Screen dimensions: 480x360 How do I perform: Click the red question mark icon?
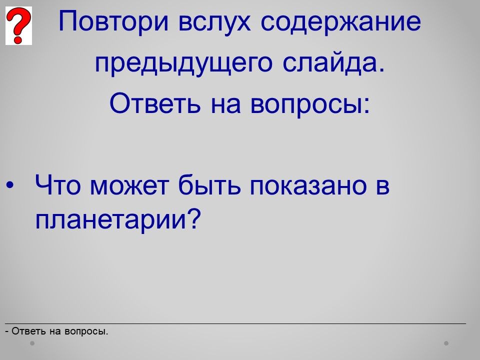[18, 25]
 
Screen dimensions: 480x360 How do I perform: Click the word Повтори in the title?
[113, 21]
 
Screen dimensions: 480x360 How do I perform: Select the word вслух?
[214, 22]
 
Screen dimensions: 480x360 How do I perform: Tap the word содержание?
[340, 22]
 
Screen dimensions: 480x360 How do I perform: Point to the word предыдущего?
[183, 63]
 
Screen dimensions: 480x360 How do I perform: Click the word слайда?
[333, 63]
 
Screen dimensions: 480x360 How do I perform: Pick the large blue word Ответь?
[155, 103]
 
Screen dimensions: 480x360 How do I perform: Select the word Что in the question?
[58, 185]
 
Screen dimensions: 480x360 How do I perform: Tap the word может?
[129, 186]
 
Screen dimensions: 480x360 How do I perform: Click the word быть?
[209, 185]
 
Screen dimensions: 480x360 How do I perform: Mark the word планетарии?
[111, 220]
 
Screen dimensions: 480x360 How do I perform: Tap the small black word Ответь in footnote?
[29, 331]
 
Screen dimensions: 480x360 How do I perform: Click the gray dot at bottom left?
[32, 343]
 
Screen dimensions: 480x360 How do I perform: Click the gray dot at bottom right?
[446, 343]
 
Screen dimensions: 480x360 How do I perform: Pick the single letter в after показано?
[382, 186]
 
